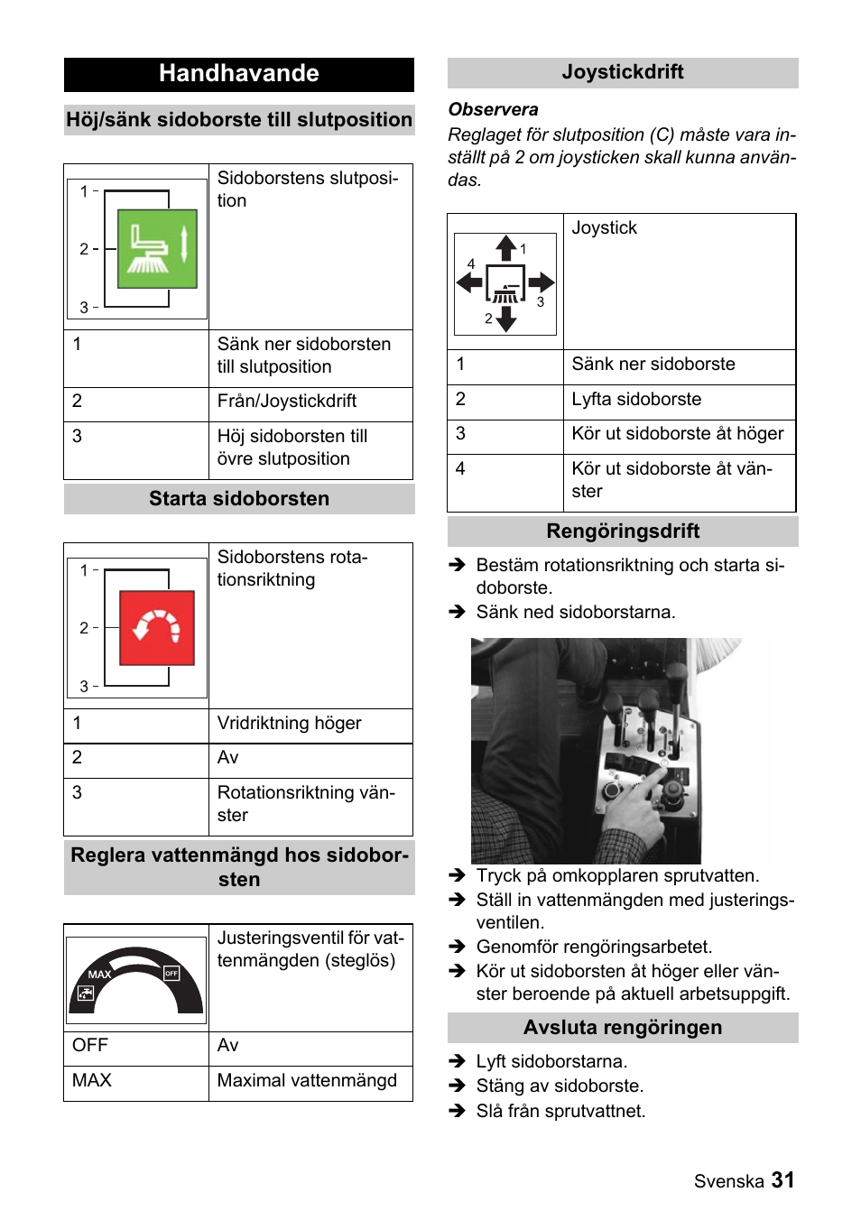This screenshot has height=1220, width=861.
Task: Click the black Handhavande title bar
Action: tap(238, 74)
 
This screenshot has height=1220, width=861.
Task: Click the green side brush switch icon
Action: tap(157, 249)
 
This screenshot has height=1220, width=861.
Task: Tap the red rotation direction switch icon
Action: tap(157, 628)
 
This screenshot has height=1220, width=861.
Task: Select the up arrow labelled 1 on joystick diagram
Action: tap(506, 248)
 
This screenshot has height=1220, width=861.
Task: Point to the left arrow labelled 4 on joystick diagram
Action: tap(469, 282)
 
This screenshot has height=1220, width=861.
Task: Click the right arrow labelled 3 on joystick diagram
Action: tap(542, 282)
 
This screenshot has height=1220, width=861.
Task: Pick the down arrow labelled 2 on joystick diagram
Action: tap(506, 319)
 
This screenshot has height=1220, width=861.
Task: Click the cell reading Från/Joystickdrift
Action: tap(287, 401)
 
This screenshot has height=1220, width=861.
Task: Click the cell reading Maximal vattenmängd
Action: tap(307, 1080)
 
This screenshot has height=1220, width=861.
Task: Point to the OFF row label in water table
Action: tap(90, 1045)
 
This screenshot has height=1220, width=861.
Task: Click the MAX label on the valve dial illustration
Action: tap(99, 975)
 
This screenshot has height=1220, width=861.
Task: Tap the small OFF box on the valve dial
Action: tap(171, 973)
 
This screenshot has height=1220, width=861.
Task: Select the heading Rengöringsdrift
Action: tap(623, 531)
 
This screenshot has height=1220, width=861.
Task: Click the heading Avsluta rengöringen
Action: tap(623, 1027)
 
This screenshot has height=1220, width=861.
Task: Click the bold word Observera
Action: tap(493, 109)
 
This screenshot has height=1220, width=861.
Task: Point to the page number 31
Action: tap(782, 1180)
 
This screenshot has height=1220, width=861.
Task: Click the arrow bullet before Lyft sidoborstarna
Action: tap(458, 1062)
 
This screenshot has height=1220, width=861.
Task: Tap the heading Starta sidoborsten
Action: tap(239, 498)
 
